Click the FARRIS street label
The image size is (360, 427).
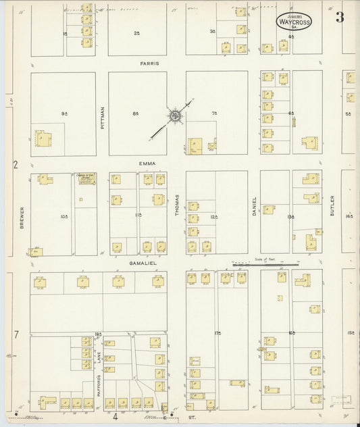[x=149, y=63]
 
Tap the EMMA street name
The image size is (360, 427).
[x=148, y=163]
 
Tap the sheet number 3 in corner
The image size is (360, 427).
[x=340, y=18]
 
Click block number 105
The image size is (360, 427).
[x=64, y=216]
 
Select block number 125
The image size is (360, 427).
[x=214, y=216]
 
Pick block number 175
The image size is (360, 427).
[x=217, y=334]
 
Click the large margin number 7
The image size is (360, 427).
[x=15, y=335]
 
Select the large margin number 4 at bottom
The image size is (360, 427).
[x=115, y=418]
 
